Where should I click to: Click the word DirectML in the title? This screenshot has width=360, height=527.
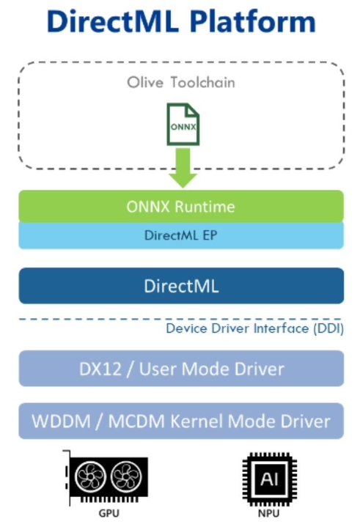(x=113, y=21)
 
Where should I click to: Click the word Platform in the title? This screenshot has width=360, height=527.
(x=253, y=21)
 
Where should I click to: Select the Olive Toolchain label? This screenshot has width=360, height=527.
(x=181, y=82)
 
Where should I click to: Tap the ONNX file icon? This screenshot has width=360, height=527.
(x=183, y=125)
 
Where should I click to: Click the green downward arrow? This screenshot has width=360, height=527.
(x=183, y=168)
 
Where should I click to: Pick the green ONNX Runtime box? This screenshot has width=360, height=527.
(x=181, y=206)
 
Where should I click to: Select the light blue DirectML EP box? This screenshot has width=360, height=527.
(x=181, y=235)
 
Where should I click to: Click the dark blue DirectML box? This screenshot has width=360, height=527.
(x=181, y=286)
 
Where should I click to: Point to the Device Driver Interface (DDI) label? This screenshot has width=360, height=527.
(x=255, y=328)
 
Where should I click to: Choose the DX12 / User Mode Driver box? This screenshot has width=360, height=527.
(x=181, y=369)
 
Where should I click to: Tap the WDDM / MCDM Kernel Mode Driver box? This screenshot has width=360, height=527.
(x=181, y=421)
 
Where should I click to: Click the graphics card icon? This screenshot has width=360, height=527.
(x=106, y=478)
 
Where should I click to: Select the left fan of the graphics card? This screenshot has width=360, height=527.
(x=90, y=476)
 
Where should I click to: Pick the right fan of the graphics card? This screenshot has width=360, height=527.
(x=126, y=476)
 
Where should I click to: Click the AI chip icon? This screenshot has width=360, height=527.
(x=270, y=479)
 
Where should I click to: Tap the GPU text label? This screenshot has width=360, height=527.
(x=109, y=514)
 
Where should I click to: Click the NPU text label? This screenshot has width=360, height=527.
(x=269, y=514)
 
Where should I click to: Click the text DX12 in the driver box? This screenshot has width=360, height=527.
(x=100, y=369)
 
